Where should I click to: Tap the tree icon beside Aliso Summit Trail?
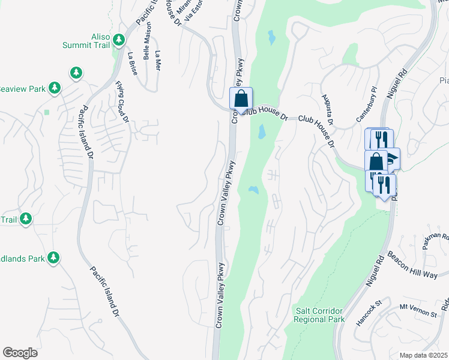[119, 40]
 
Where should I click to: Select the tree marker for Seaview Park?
[55, 89]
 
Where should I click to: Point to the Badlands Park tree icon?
[53, 258]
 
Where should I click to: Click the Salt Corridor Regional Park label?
[320, 315]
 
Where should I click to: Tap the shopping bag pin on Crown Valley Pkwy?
[241, 99]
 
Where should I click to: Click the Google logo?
[20, 352]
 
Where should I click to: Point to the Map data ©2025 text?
[424, 355]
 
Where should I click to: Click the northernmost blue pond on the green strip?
[271, 38]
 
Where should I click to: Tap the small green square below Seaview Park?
[47, 112]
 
